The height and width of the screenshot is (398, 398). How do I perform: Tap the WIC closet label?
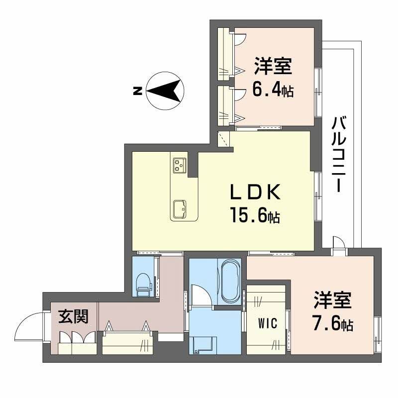tap(267, 322)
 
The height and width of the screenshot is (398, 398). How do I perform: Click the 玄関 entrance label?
tap(74, 316)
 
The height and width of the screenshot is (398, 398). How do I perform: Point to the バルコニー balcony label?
tap(340, 154)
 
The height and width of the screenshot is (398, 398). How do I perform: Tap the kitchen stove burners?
tap(179, 165)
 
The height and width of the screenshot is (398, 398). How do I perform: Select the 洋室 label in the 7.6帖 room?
tap(332, 300)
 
